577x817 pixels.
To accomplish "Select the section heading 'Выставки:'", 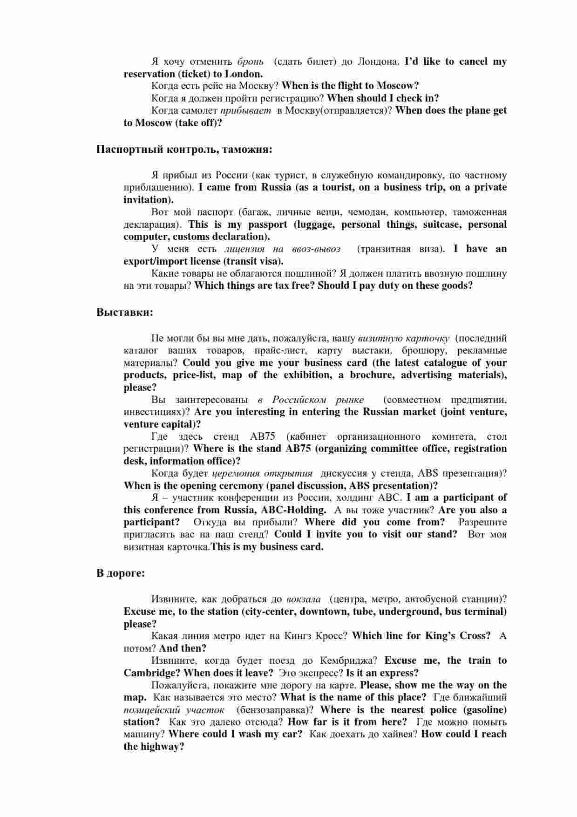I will click(125, 312).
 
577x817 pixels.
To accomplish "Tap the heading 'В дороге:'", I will click(121, 573).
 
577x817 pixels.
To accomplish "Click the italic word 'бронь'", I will click(251, 61).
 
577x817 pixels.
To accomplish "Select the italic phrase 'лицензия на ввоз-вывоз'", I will click(282, 249).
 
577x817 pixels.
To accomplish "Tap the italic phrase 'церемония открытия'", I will click(263, 473).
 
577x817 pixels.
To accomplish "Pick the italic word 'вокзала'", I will click(304, 599).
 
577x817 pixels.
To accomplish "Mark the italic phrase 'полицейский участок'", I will click(174, 710).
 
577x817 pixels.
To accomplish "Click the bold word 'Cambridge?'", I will click(152, 673).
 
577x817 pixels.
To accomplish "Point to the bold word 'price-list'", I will click(193, 375).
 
